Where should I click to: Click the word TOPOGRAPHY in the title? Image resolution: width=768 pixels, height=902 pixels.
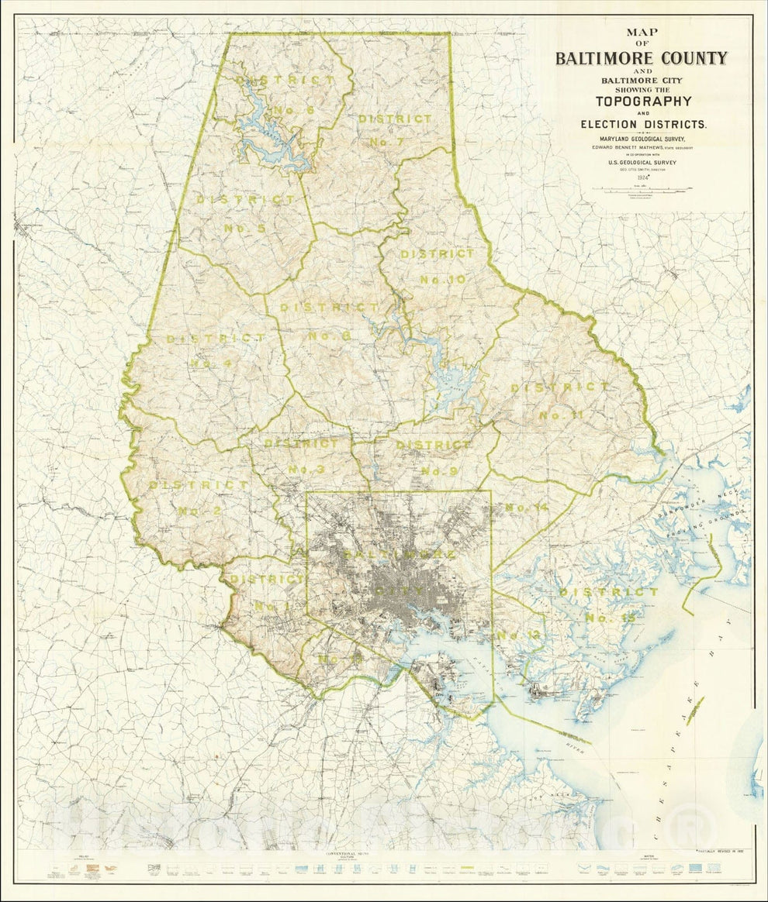click(x=643, y=101)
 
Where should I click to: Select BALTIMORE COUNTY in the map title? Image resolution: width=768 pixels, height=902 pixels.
click(x=641, y=58)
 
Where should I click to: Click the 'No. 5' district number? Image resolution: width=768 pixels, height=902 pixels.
click(x=245, y=228)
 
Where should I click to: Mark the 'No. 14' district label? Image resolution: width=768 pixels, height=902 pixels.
click(x=527, y=508)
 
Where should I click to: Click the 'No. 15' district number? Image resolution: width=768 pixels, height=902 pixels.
click(x=611, y=618)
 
